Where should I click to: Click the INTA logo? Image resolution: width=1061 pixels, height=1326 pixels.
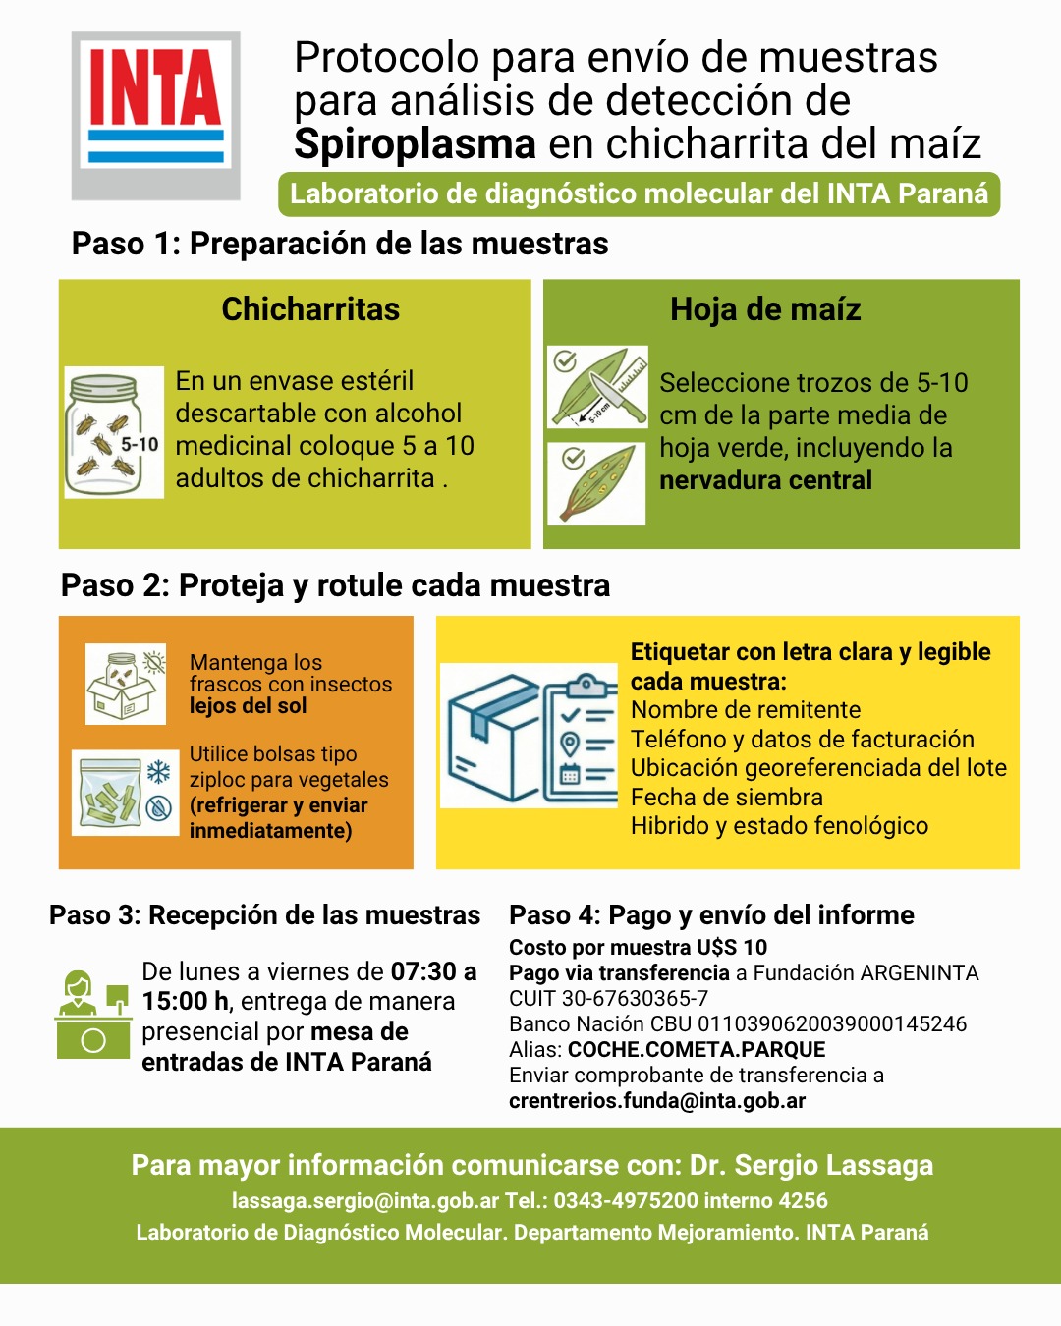point(155,115)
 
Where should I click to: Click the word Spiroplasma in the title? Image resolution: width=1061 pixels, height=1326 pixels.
point(415,144)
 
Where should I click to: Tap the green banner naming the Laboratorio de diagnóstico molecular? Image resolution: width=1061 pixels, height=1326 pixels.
point(639,193)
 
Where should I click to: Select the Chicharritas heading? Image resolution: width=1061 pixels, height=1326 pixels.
point(310,309)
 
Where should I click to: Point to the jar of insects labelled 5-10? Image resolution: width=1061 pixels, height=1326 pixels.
point(113,433)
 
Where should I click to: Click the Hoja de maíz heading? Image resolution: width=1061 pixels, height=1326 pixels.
point(765,309)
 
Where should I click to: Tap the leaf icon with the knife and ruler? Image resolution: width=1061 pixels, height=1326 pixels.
point(597,387)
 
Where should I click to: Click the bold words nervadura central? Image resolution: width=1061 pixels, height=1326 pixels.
point(765,480)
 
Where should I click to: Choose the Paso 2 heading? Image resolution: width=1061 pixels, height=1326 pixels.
point(335,585)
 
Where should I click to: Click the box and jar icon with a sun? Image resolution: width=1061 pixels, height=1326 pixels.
point(126,684)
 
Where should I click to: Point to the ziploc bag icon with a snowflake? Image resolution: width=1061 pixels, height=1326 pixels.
point(125,793)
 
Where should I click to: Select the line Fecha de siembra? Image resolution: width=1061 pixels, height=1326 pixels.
point(726,797)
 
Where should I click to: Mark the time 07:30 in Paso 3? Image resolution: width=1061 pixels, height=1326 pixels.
point(424,971)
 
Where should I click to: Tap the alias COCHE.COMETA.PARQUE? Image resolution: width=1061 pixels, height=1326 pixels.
point(697,1049)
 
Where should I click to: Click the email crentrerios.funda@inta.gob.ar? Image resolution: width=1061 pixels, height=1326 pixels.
point(656,1101)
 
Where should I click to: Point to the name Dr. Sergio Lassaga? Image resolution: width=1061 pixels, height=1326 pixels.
point(811,1165)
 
